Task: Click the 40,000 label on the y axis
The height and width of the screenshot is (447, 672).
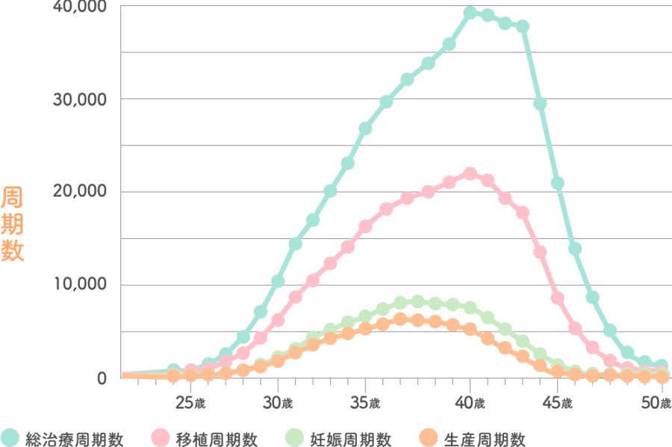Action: point(79,7)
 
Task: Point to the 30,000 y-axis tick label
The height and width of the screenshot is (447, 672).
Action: point(79,99)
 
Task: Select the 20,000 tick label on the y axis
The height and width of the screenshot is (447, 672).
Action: point(79,192)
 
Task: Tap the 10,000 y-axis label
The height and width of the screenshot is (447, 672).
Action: point(79,284)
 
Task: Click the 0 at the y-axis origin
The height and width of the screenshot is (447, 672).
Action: point(102,378)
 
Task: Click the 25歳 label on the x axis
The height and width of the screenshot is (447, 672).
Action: point(190,403)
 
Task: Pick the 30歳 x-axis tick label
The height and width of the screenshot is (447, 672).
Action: point(278,403)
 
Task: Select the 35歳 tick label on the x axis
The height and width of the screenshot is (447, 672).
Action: point(366,403)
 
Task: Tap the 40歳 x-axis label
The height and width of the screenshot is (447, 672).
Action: point(471,403)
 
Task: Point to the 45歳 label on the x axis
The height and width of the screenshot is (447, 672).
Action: point(558,403)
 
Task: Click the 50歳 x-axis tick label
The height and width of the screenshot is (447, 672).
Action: point(655,403)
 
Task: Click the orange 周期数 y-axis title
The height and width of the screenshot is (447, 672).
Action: point(13,224)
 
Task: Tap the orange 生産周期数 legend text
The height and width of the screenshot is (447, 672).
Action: point(484,438)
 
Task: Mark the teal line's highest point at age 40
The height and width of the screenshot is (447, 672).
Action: point(470,13)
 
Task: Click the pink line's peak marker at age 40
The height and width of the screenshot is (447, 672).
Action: point(470,173)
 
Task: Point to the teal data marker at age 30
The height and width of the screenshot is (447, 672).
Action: point(278,281)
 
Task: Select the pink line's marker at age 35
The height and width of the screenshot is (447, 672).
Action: point(366,226)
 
